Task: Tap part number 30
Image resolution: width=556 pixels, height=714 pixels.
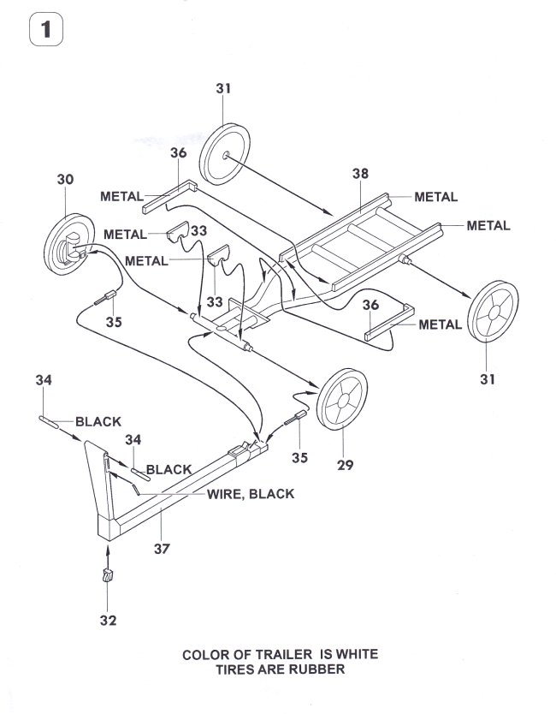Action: (x=65, y=180)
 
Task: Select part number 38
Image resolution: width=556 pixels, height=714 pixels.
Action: (x=359, y=173)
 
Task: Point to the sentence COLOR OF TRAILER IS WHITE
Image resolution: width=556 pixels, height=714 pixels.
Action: (x=281, y=655)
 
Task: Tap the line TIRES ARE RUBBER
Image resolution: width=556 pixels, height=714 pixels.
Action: (x=281, y=669)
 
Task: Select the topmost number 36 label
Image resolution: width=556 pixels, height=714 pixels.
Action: (x=178, y=153)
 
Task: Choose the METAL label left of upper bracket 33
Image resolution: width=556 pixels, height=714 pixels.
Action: (x=130, y=233)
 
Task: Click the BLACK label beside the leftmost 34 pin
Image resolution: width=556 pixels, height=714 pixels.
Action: (x=98, y=421)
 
